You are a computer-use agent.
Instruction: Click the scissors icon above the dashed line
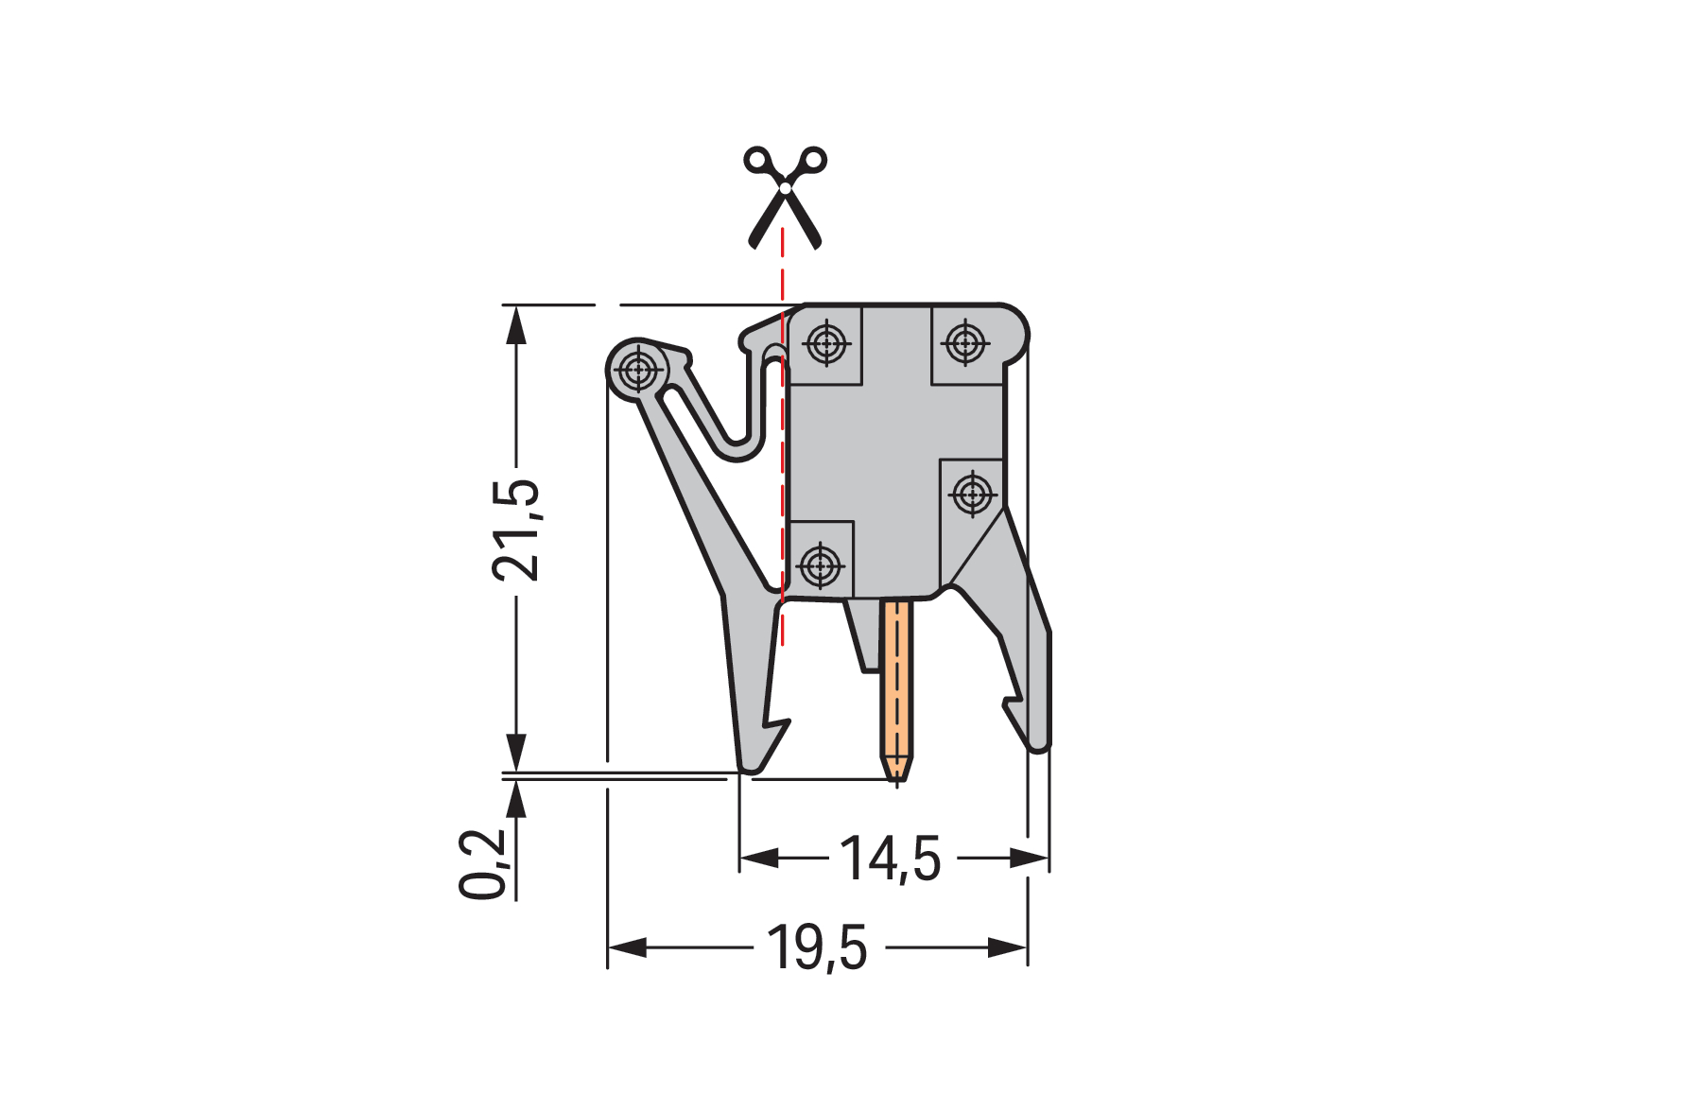[784, 198]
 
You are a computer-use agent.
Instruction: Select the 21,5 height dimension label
[516, 530]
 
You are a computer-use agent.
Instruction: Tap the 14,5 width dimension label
[891, 859]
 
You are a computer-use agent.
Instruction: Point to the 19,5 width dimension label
[817, 947]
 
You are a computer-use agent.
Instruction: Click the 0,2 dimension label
[484, 864]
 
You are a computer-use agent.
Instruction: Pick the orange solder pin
[896, 690]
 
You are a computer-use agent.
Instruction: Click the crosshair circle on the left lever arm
[638, 370]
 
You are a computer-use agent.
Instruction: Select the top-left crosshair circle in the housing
[827, 342]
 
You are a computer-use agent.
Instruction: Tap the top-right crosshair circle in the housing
[964, 342]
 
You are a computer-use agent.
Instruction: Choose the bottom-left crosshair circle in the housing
[820, 566]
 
